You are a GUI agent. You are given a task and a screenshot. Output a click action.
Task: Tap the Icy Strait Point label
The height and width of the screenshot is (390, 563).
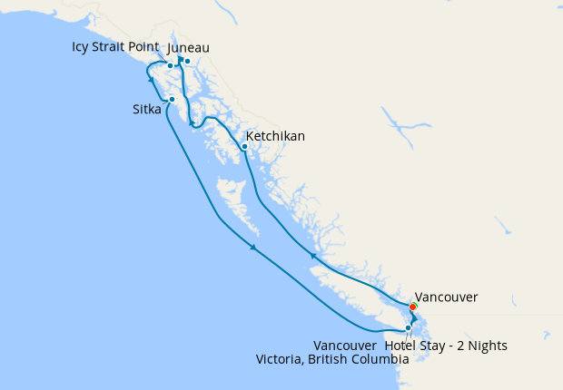click(x=116, y=46)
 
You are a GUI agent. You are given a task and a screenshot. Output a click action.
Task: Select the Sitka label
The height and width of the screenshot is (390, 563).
click(x=147, y=111)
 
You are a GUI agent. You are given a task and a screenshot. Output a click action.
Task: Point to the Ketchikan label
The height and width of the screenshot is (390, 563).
click(x=275, y=136)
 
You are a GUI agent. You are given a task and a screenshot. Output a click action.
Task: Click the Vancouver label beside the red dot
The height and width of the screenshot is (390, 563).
click(x=445, y=297)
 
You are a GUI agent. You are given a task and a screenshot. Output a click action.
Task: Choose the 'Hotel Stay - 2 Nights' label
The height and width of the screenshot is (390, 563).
click(x=446, y=346)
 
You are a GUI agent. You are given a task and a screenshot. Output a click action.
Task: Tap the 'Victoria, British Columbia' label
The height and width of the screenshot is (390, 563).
click(x=332, y=359)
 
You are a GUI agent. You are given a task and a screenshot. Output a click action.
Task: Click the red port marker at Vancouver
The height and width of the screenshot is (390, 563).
click(x=414, y=307)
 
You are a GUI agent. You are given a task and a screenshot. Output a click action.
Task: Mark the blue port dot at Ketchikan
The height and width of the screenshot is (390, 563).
click(x=244, y=146)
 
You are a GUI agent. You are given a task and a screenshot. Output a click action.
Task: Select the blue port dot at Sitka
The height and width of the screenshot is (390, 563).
click(x=172, y=99)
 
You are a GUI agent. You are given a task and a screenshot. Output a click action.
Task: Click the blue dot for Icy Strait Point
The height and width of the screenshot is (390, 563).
click(x=170, y=65)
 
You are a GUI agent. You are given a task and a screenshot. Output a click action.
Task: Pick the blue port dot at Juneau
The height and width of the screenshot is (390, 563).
click(x=187, y=62)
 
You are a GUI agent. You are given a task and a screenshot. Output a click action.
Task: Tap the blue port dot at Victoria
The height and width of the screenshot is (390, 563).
click(x=408, y=327)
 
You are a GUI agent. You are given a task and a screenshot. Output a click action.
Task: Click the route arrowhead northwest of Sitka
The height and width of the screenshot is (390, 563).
click(x=151, y=79)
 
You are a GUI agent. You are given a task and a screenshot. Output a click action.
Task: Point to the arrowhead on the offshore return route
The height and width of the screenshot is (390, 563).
click(x=253, y=247)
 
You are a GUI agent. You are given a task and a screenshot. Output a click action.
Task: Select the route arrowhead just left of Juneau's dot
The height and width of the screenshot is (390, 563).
click(x=180, y=60)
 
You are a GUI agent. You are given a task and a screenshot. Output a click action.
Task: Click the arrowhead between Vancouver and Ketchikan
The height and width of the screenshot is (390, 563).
click(x=312, y=257)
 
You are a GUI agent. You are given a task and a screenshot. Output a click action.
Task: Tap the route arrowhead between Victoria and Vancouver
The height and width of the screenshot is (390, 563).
click(x=413, y=320)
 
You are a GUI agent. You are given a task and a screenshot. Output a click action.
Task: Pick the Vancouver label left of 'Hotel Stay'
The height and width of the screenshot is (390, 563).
click(x=344, y=346)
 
